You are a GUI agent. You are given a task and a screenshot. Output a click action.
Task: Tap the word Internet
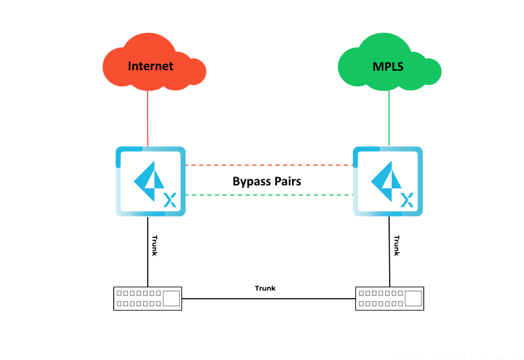point(150,66)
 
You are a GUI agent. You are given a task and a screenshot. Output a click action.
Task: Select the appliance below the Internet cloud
point(149,181)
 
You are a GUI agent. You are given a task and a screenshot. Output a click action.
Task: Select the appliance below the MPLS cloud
point(388,181)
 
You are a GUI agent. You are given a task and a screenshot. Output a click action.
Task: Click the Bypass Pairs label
point(266,181)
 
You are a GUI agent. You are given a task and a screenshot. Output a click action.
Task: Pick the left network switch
point(148,298)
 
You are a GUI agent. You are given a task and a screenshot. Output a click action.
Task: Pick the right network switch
point(390,298)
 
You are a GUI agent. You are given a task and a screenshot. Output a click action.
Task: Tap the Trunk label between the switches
point(265,289)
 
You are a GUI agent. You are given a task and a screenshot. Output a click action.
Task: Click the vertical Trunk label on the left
point(155,245)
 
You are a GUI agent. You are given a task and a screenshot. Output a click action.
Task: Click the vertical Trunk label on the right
point(397,245)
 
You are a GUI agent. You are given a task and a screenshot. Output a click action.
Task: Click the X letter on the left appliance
point(170,199)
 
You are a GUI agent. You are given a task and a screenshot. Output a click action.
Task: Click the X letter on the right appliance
point(407,199)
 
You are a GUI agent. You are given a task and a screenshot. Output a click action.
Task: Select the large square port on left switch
point(171,298)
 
